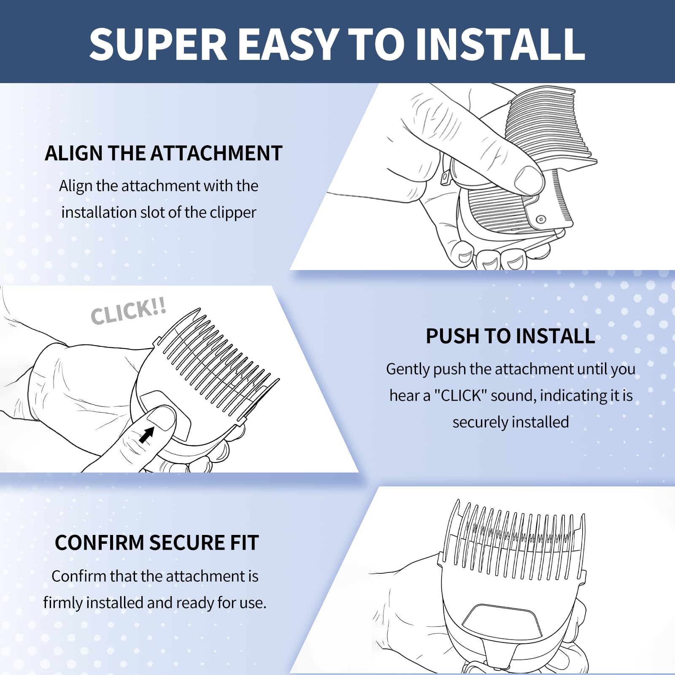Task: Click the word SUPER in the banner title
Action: [x=159, y=44]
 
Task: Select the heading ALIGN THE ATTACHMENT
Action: [x=164, y=153]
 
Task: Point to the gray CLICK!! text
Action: [x=129, y=311]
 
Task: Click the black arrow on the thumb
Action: [x=146, y=435]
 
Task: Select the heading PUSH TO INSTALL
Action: [x=510, y=336]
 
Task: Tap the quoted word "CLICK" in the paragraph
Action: [x=461, y=396]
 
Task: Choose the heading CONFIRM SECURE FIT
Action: [x=157, y=543]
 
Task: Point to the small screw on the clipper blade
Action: [x=541, y=219]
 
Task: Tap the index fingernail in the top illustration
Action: [x=528, y=178]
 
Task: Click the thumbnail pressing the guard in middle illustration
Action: [x=161, y=418]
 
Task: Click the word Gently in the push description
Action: [x=408, y=369]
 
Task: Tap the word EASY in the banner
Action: [x=289, y=44]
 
